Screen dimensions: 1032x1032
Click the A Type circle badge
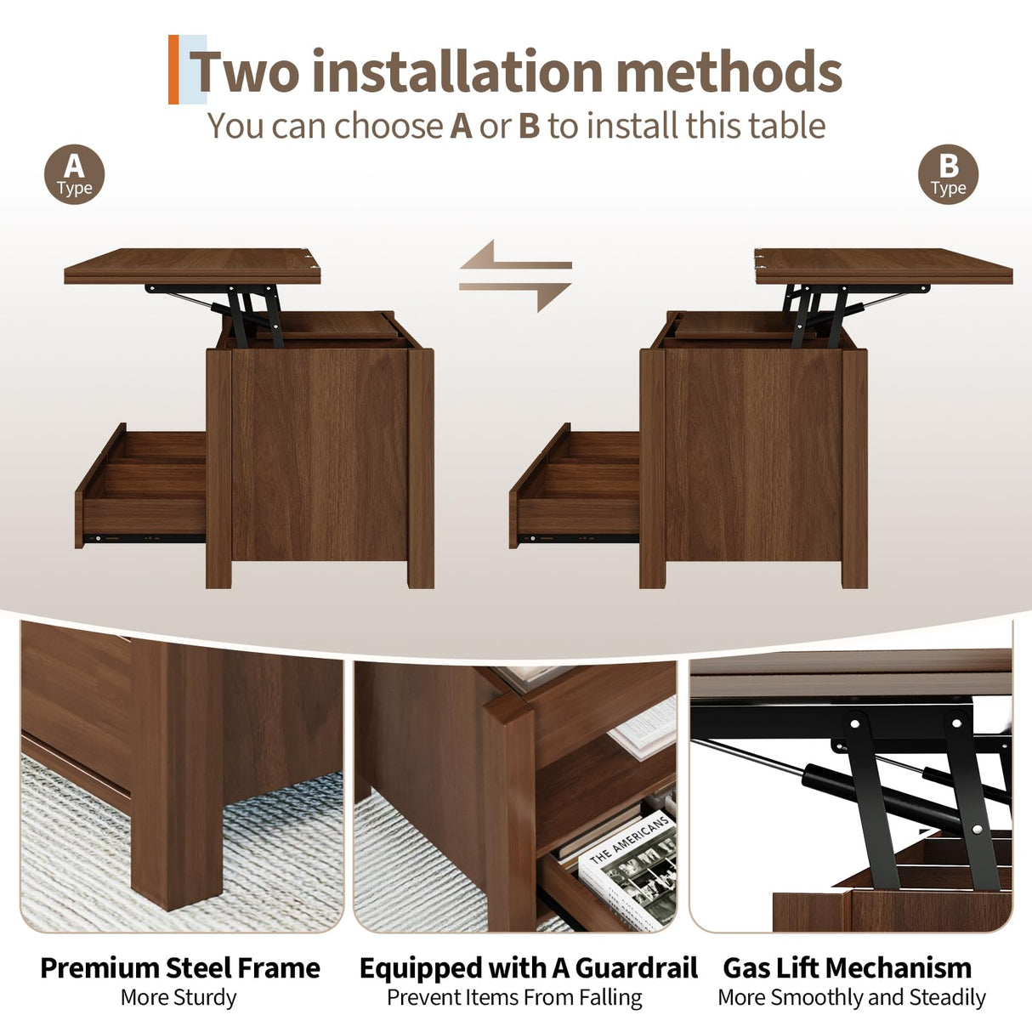click(x=74, y=174)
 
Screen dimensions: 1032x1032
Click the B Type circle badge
click(x=948, y=174)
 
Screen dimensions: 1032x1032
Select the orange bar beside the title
click(x=173, y=70)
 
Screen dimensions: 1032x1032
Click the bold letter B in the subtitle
click(x=529, y=126)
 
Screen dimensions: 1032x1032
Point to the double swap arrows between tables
click(x=515, y=275)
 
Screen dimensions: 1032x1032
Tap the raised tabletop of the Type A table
click(x=192, y=265)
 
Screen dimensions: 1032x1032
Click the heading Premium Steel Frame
click(x=179, y=967)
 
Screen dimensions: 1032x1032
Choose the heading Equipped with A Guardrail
click(x=528, y=967)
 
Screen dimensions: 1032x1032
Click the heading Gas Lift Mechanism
click(x=847, y=967)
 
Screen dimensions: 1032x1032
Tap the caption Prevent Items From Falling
click(x=514, y=997)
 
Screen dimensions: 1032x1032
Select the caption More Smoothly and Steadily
click(x=852, y=997)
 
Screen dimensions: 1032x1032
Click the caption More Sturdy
click(x=179, y=997)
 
